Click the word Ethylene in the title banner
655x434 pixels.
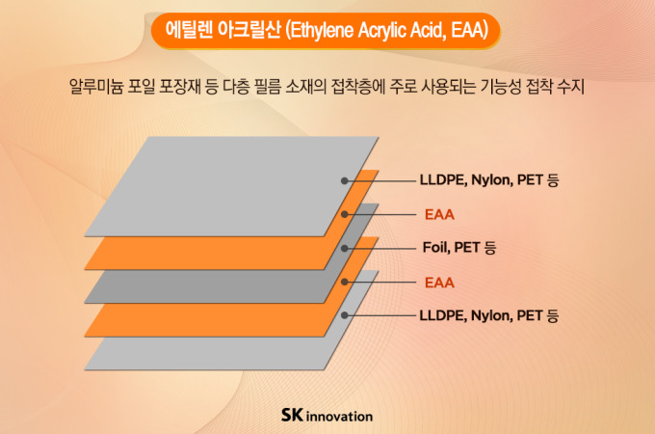(320, 31)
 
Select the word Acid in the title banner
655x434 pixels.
(428, 30)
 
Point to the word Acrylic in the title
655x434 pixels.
(381, 31)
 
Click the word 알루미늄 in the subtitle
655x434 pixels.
(96, 86)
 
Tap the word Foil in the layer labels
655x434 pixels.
(435, 248)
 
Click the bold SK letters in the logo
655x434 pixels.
(292, 415)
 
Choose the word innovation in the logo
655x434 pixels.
(340, 417)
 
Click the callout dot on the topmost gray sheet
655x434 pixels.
(345, 180)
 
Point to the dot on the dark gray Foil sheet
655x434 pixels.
(345, 249)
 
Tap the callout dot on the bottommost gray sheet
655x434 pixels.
(345, 315)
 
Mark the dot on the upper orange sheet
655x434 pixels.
(345, 214)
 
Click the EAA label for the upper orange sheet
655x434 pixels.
(439, 214)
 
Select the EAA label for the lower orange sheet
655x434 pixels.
(439, 283)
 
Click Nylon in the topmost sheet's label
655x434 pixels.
(492, 180)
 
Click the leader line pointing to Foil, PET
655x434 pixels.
(380, 249)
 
